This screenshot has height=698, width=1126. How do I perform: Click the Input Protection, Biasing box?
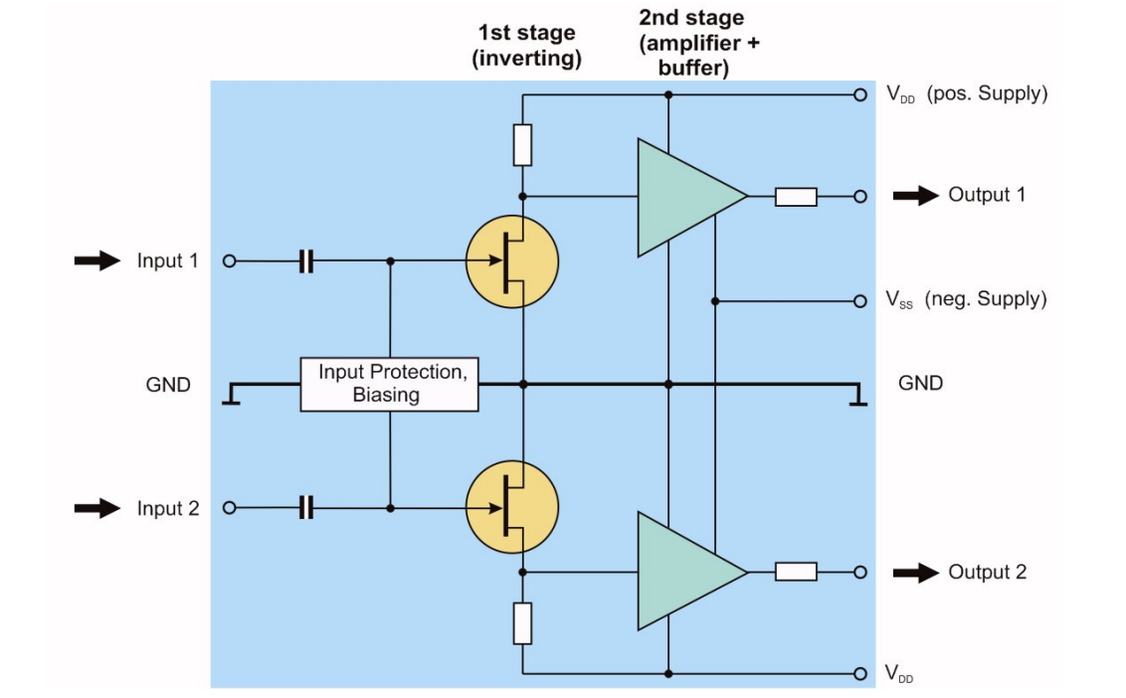point(390,384)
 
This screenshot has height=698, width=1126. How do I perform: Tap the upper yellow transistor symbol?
point(512,262)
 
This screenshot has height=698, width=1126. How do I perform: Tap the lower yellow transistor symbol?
point(512,507)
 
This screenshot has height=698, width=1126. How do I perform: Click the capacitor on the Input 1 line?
point(306,262)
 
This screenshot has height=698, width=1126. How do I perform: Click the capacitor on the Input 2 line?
point(306,508)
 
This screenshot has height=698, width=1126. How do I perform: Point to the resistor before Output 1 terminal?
point(796,197)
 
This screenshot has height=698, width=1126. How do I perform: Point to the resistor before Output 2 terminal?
point(796,572)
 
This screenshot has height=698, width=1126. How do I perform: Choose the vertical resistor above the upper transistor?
point(522,145)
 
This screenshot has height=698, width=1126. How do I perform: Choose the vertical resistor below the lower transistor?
point(522,623)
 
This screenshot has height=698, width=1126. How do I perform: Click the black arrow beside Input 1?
point(97,262)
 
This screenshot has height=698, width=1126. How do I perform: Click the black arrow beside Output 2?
point(916,572)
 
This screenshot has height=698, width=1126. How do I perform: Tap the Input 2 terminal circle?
point(229,508)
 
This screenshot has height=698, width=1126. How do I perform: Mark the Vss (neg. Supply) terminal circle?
point(860,300)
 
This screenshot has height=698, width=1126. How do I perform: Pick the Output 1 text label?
point(986,195)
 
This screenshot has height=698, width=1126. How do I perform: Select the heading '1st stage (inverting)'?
point(526,46)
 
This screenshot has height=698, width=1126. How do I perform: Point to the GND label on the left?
point(168,385)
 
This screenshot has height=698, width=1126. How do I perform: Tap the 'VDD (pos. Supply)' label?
point(966,94)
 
